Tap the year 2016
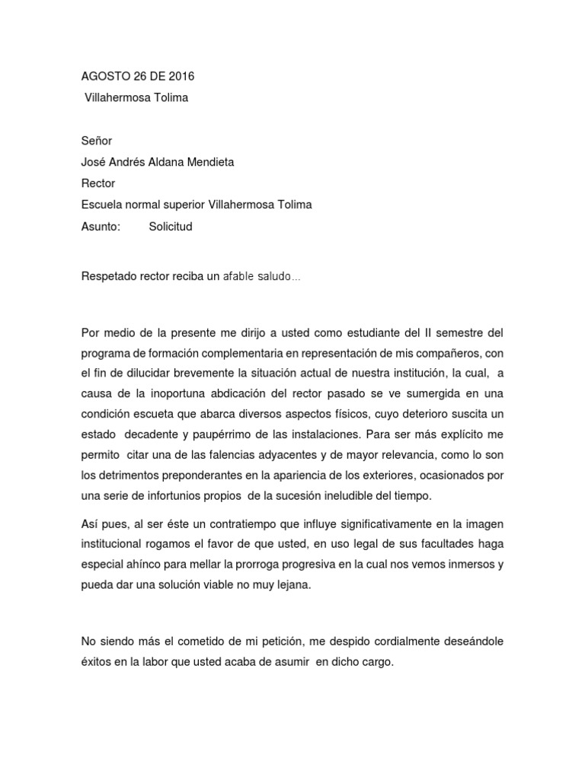coord(180,76)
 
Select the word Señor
coord(97,141)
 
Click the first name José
coord(94,162)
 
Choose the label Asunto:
coord(101,227)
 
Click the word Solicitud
coord(171,227)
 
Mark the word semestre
coord(454,332)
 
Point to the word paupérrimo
coord(256,434)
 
